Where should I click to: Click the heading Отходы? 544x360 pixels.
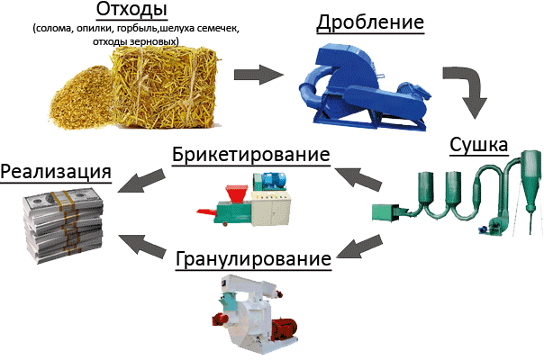click(131, 10)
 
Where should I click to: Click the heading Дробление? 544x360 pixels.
click(370, 22)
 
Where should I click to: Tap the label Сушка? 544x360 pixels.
click(479, 145)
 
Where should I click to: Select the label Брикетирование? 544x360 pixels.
click(251, 154)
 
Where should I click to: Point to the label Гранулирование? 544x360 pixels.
click(253, 259)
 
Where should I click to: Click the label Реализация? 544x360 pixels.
click(56, 173)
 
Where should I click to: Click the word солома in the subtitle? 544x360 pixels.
click(53, 29)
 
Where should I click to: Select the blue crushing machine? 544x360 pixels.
click(364, 86)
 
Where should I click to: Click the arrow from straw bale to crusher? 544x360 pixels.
click(258, 75)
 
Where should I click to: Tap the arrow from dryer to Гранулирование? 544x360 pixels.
click(359, 247)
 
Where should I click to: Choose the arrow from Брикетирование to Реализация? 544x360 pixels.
click(141, 180)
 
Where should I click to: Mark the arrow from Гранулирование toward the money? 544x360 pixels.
click(141, 247)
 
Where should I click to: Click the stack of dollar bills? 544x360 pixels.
click(63, 225)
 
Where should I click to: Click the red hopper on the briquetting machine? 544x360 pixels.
click(237, 193)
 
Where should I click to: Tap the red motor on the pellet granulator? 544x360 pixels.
click(285, 328)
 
